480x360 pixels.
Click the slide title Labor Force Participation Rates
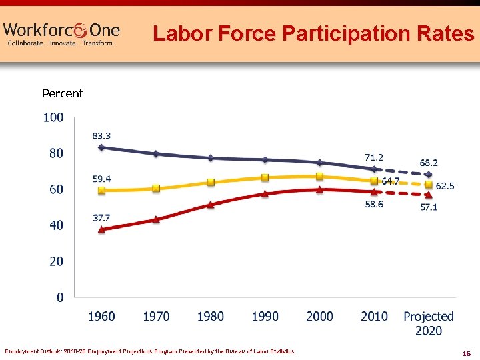[313, 33]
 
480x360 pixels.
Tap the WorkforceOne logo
[61, 33]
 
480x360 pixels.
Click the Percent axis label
[63, 93]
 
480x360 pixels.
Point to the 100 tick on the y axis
[53, 117]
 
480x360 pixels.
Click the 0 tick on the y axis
[59, 297]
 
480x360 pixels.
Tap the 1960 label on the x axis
[101, 316]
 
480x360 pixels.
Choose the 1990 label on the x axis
[265, 316]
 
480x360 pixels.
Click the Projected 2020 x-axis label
[428, 323]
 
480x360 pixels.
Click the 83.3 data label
[101, 135]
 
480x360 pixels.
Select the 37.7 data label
[101, 217]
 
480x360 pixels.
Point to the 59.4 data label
[101, 179]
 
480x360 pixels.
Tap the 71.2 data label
[374, 157]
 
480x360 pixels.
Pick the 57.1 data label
[429, 207]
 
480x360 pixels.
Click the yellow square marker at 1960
[101, 190]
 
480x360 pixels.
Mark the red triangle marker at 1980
[211, 205]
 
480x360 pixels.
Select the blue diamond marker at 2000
[319, 162]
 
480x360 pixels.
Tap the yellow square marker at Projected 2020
[428, 184]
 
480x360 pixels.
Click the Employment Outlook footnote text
[149, 351]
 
